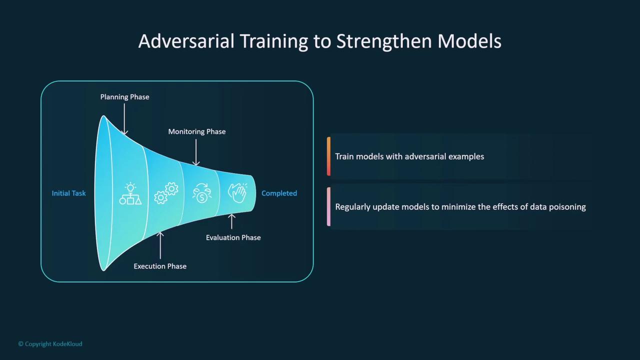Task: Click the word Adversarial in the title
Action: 186,41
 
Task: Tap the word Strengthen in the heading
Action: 384,41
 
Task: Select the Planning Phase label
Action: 124,97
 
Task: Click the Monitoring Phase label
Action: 197,131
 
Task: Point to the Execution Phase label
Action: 160,266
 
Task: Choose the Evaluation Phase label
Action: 233,237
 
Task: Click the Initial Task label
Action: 68,193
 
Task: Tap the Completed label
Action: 279,193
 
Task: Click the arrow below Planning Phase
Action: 124,119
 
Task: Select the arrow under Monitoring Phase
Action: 196,152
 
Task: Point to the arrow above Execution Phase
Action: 160,245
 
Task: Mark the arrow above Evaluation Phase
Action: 231,221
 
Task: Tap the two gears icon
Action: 166,193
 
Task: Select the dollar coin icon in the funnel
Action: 202,193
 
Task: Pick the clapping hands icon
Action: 237,193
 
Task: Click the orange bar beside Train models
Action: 328,156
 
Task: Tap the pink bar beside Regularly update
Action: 328,206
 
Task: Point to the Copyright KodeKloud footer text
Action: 50,343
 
